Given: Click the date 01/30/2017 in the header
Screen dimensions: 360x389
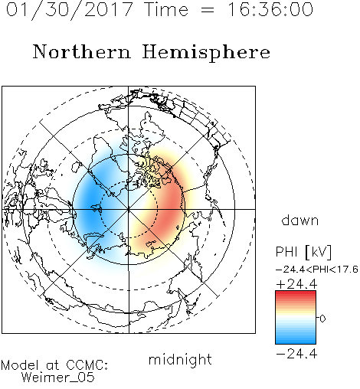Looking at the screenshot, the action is click(70, 10).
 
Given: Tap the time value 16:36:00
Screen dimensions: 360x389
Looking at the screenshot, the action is click(270, 9).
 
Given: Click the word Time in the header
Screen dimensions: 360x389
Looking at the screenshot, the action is click(166, 9).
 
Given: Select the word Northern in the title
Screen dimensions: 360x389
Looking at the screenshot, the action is click(81, 51).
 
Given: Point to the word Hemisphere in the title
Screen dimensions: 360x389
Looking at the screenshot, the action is click(206, 53).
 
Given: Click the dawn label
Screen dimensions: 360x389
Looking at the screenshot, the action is click(300, 220).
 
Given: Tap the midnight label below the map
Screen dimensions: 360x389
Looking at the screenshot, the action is click(180, 360).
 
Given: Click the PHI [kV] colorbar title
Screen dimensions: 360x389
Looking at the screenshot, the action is click(303, 252).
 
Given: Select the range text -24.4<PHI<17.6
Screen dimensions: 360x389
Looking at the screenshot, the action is click(317, 270).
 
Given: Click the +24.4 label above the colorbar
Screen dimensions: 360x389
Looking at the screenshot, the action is click(296, 284).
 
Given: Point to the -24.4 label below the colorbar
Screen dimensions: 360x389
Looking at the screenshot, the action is click(296, 354).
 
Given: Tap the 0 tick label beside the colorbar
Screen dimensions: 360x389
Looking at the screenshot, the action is click(322, 319).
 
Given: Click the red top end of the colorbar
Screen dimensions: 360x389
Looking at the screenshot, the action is click(296, 293).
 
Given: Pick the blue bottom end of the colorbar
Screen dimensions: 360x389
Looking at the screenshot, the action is click(296, 342).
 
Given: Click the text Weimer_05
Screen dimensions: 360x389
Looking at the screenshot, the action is click(57, 378).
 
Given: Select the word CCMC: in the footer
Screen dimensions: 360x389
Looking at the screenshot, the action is click(87, 365).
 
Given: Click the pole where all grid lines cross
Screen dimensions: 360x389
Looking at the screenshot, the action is click(129, 209).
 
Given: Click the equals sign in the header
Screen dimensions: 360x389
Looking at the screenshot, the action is click(208, 10).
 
